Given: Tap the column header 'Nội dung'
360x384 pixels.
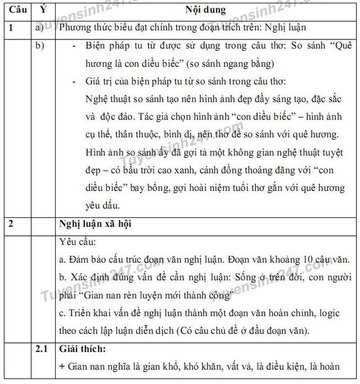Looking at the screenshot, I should pyautogui.click(x=205, y=10).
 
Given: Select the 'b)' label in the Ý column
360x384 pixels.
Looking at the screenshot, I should pyautogui.click(x=39, y=46).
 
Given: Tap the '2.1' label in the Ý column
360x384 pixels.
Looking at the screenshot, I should pyautogui.click(x=41, y=350).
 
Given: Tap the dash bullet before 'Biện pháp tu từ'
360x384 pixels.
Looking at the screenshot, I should pyautogui.click(x=75, y=46).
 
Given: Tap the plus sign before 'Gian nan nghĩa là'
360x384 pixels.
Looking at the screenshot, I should pyautogui.click(x=62, y=367).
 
